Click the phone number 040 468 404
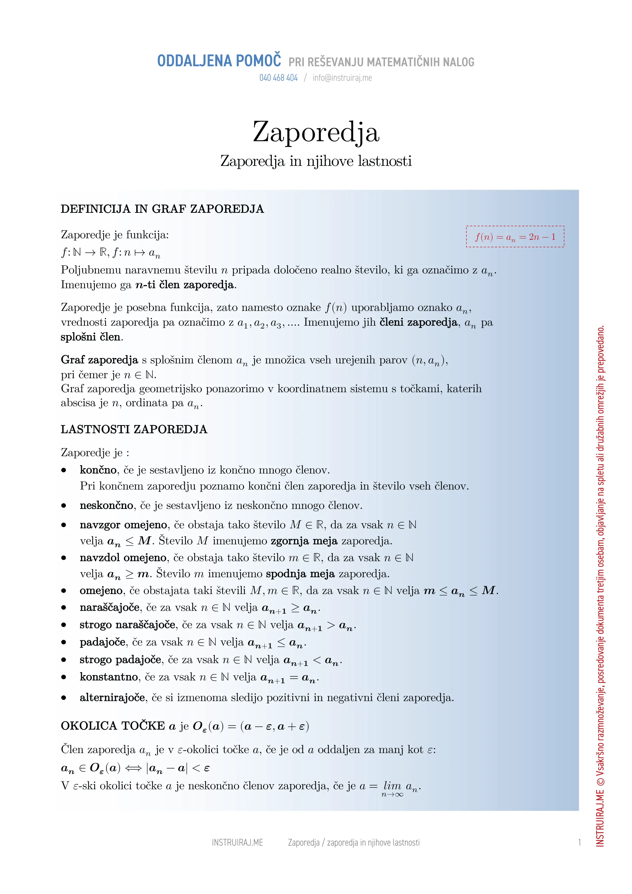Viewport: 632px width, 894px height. [278, 78]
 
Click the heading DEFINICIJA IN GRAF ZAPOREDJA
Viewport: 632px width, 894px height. [162, 209]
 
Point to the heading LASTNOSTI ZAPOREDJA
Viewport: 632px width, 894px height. [134, 429]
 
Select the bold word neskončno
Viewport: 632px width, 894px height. [106, 505]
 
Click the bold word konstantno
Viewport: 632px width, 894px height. [108, 677]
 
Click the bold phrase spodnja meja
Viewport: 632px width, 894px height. [300, 574]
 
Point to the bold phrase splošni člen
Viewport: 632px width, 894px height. [91, 337]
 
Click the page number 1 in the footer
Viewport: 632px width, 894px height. [580, 843]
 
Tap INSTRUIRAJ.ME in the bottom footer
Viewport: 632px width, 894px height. [237, 843]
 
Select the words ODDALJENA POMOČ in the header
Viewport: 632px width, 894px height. [219, 61]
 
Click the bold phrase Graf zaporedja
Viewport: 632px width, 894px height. [99, 360]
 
